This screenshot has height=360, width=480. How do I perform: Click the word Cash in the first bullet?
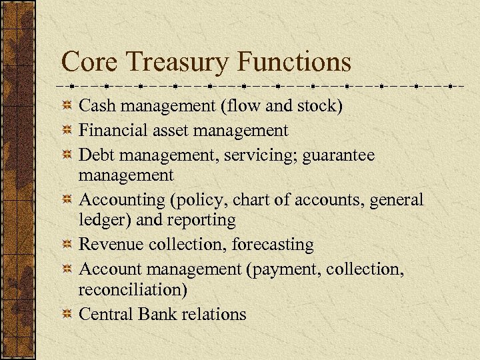click(95, 105)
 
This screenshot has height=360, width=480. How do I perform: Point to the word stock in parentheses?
click(319, 105)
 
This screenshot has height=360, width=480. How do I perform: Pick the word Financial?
click(111, 131)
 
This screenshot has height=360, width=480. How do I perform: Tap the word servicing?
click(265, 155)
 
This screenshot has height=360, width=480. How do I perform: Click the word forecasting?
click(273, 245)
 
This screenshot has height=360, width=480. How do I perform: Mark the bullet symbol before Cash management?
click(67, 107)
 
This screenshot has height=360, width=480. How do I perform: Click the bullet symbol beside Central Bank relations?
click(67, 315)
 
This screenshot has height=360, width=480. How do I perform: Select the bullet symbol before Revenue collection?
click(67, 246)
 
